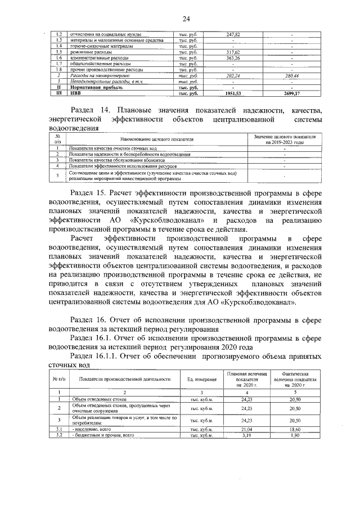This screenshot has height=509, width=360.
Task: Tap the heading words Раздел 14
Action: pyautogui.click(x=90, y=110)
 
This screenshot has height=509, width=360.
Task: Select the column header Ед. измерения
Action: pyautogui.click(x=201, y=380)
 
